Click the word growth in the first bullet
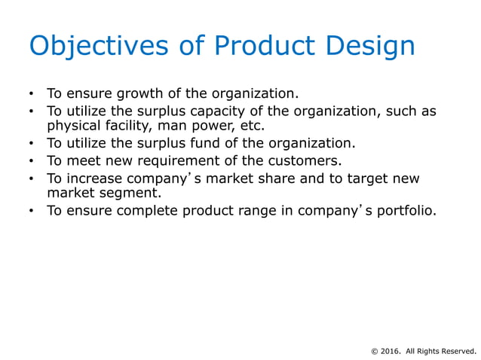[138, 94]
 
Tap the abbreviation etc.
[251, 125]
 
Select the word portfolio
[403, 210]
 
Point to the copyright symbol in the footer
[375, 350]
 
